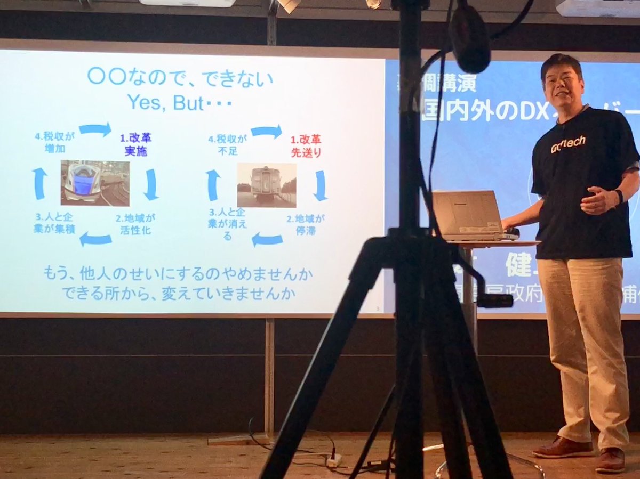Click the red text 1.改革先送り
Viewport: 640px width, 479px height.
pos(306,146)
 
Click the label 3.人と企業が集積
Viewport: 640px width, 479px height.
pos(55,224)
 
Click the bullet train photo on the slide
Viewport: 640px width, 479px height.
pos(95,182)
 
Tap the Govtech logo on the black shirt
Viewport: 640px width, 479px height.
pos(568,144)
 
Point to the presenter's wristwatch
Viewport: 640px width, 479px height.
pos(618,196)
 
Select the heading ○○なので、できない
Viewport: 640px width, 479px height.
pos(180,78)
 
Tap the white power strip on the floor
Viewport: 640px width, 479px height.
pos(334,460)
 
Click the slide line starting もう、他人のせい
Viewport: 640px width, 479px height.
pos(178,275)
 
